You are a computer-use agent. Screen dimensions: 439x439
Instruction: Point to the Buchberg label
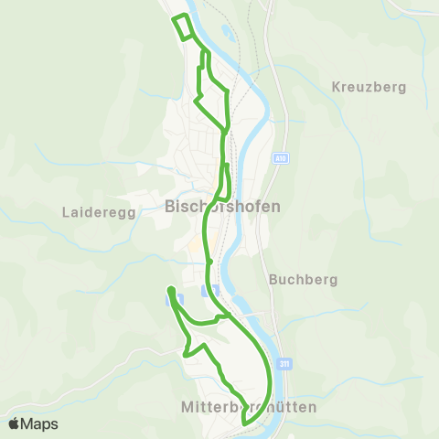pos(305,279)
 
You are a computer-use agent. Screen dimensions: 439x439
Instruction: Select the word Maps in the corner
pos(39,424)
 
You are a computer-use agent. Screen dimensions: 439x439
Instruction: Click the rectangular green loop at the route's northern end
pos(184,27)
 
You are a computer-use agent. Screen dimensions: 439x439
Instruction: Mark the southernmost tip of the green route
pos(245,423)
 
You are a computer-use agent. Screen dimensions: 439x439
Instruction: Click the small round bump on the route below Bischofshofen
pos(209,262)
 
